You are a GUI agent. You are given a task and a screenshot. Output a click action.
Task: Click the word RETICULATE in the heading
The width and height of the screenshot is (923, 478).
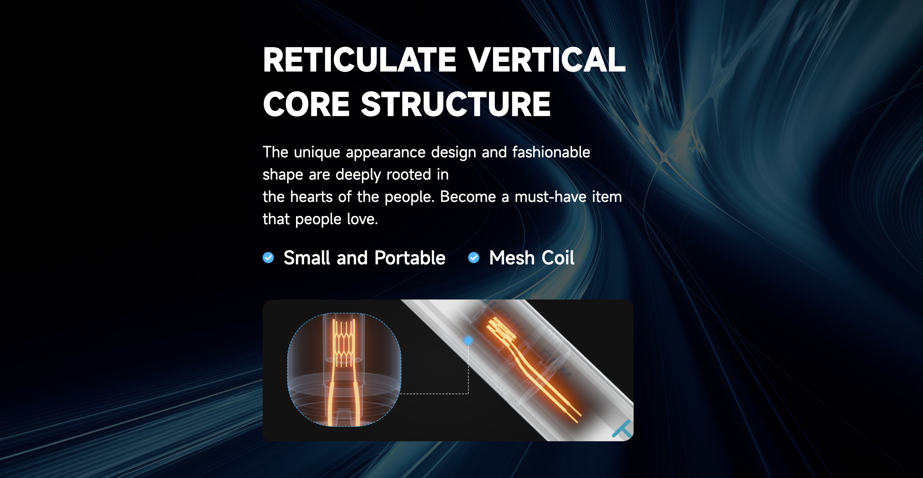[x=359, y=60]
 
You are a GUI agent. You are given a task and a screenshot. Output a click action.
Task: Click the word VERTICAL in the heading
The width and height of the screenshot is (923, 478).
[x=546, y=60]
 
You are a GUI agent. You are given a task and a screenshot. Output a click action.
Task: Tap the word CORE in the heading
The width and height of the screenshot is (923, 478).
[x=306, y=104]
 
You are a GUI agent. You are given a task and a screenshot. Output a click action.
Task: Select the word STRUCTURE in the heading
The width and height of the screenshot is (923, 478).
[x=456, y=104]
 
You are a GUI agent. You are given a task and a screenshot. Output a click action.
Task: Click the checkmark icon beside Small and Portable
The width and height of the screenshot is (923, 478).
[x=268, y=258]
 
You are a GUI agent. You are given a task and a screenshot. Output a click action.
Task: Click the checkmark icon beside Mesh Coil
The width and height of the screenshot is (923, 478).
[x=474, y=258]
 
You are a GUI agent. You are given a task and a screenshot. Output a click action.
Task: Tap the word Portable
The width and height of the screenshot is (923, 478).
[x=410, y=258]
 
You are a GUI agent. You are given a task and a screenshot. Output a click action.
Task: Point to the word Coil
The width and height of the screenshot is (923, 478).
[x=558, y=258]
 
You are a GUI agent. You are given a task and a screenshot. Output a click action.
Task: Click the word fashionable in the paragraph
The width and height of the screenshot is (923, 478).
[x=551, y=152]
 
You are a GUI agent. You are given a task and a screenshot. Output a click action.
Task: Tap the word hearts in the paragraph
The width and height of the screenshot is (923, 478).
[x=311, y=197]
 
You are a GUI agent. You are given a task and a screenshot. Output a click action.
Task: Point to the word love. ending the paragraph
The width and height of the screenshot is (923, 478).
[x=362, y=219]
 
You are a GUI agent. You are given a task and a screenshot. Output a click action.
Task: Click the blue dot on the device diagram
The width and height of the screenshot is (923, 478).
[x=469, y=340]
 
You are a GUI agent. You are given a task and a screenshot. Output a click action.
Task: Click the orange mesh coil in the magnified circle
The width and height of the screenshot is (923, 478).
[x=344, y=343]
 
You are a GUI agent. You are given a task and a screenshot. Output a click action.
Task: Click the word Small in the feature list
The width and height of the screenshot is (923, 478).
[x=307, y=258]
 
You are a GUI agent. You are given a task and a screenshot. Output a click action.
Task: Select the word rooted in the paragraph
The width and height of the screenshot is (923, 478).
[x=408, y=174]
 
